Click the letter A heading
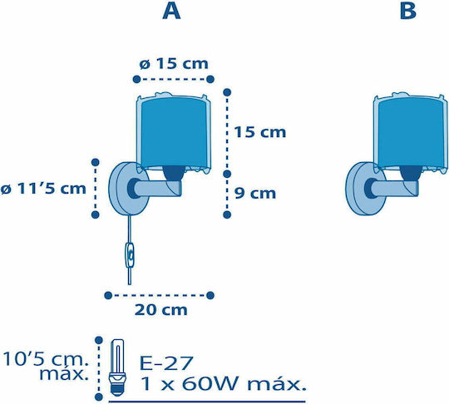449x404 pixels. click(x=171, y=11)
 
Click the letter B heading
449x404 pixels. click(x=407, y=11)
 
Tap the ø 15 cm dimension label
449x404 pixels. click(x=174, y=64)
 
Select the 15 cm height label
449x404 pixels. click(x=260, y=132)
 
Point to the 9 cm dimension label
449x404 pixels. click(x=255, y=194)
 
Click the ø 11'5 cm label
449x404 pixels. click(x=43, y=189)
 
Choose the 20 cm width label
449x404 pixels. click(x=161, y=310)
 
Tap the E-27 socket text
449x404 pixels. click(x=166, y=362)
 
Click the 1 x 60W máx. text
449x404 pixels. click(x=223, y=384)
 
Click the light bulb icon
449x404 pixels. click(x=118, y=367)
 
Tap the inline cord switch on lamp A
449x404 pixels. click(x=130, y=255)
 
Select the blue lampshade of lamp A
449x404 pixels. click(x=173, y=132)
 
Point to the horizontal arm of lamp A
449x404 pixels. click(x=157, y=189)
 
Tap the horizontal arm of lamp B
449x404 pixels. click(x=394, y=189)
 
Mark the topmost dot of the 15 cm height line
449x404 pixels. click(x=227, y=92)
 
